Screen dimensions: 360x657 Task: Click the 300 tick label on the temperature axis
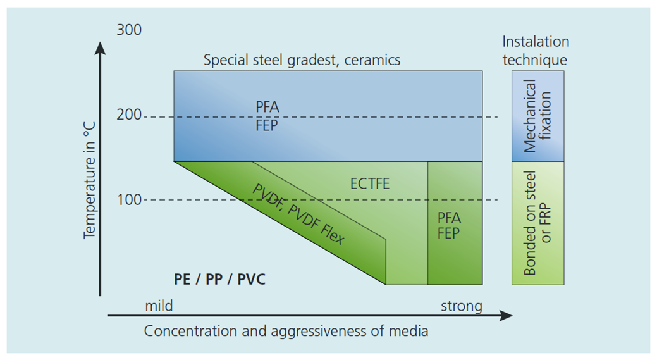tap(129, 30)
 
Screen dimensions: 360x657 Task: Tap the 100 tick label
tap(129, 200)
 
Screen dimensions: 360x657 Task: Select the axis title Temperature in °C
tap(89, 180)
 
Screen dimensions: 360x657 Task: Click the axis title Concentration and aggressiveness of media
tap(286, 331)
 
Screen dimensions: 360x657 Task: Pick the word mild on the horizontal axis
tap(159, 307)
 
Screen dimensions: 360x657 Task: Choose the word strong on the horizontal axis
tap(461, 307)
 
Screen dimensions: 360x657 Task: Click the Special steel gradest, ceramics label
tap(302, 61)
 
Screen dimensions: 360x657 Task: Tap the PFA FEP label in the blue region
tap(267, 116)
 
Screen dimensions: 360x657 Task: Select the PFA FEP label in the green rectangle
tap(449, 225)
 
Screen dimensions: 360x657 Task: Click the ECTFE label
tap(370, 184)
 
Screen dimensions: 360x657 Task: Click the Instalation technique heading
tap(536, 51)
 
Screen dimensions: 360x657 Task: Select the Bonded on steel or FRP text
tap(537, 223)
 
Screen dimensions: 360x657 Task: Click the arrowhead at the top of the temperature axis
tap(100, 47)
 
